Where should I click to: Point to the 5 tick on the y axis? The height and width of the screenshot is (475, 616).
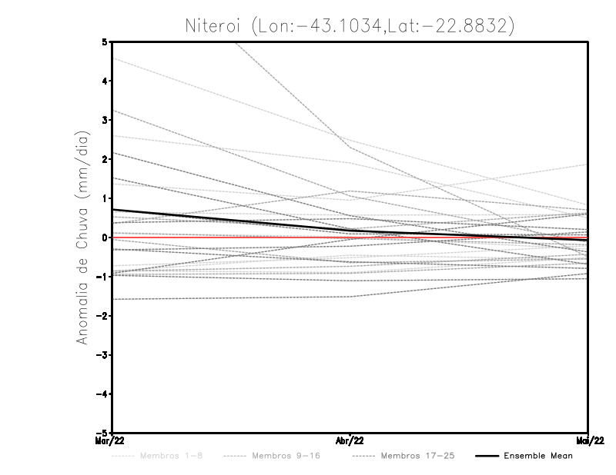(x=105, y=42)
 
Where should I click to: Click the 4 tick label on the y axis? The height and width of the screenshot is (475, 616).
(x=105, y=81)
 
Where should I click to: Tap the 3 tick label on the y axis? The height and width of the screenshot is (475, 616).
(x=105, y=120)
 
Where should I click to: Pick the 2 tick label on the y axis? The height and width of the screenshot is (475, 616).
(x=105, y=159)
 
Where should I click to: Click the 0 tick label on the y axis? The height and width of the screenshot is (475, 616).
(x=105, y=237)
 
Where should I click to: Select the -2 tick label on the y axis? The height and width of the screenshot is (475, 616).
(x=102, y=316)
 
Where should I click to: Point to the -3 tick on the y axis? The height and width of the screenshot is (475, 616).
(x=102, y=355)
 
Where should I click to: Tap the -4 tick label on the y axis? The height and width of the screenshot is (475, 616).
(x=102, y=394)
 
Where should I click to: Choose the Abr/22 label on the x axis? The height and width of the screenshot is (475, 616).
(x=350, y=440)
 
